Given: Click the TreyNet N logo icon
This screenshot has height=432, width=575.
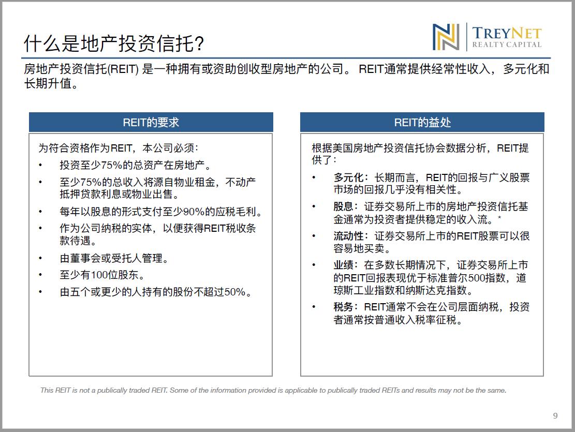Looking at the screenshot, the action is point(446,37).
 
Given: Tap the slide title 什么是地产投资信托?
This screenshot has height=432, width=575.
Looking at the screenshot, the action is point(114,43).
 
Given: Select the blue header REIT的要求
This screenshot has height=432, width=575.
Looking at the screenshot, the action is point(151,122).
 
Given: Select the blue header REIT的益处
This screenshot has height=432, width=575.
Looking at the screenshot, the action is point(422,122).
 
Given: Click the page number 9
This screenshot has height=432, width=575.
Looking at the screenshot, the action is point(555,415).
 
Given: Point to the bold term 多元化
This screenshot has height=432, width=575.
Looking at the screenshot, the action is point(348,177).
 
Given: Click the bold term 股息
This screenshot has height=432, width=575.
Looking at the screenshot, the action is point(343,206).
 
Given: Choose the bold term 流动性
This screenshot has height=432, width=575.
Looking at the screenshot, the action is point(348,236).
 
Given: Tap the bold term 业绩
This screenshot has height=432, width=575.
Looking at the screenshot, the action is point(343,265).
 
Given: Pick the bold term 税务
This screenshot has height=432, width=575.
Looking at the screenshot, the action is point(343,307).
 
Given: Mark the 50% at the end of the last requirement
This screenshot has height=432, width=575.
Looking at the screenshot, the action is point(234,292).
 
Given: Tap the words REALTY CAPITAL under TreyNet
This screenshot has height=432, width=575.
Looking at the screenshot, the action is point(507,44).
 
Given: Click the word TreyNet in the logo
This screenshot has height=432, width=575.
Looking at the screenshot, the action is point(507,33).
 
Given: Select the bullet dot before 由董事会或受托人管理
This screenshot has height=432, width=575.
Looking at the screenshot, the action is point(40,258).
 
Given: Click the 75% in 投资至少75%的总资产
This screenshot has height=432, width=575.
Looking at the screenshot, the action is point(111,165).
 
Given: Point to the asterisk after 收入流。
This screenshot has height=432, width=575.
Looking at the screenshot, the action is point(499,218).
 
